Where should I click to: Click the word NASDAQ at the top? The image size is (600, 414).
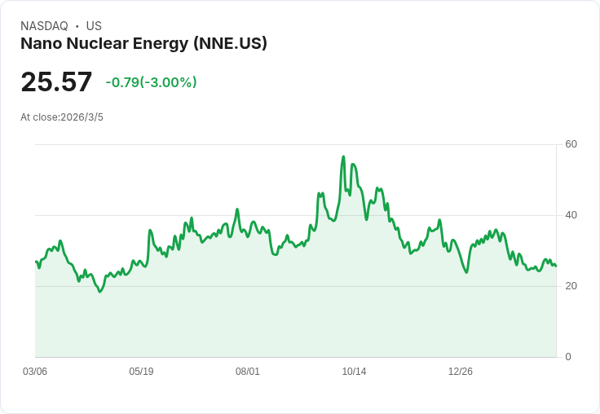[x=44, y=26]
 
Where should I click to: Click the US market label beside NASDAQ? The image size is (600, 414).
[x=94, y=26]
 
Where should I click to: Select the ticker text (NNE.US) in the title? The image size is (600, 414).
[x=230, y=44]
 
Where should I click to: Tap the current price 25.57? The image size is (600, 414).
[x=56, y=82]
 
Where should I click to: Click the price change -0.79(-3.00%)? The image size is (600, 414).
[x=151, y=82]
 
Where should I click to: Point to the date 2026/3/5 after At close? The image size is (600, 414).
[x=82, y=117]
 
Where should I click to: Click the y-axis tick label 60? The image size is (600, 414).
[x=571, y=144]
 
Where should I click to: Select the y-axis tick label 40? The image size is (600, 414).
[x=571, y=215]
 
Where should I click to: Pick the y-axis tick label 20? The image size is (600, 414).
[x=571, y=286]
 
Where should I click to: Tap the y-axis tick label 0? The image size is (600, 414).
[x=568, y=357]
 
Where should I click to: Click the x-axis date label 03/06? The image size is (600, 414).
[x=35, y=372]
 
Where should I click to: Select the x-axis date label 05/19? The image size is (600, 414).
[x=141, y=372]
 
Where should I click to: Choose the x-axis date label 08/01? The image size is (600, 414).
[x=248, y=372]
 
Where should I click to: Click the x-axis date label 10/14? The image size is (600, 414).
[x=354, y=372]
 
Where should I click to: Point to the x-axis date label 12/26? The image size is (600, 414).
[x=460, y=372]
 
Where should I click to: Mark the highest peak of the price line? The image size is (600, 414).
[x=343, y=156]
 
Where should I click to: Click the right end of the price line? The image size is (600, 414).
[x=556, y=266]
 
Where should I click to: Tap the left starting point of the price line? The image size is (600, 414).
[x=36, y=262]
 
